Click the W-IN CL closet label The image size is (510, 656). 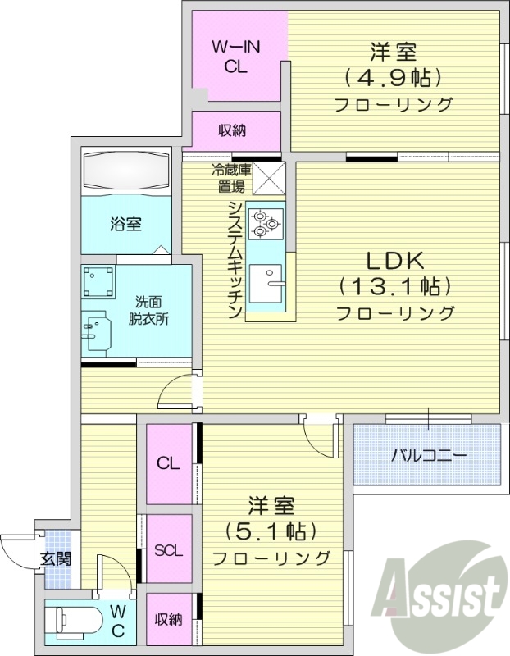tap(237, 57)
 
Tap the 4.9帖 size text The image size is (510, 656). tap(393, 79)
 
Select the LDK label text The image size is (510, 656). tap(394, 262)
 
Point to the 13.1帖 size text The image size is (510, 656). tap(394, 287)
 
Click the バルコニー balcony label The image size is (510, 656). tap(428, 453)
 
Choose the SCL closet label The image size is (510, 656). tap(168, 550)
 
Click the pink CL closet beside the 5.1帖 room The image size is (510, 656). tap(169, 464)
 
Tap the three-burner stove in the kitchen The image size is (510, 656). tap(265, 222)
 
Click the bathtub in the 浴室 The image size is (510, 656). tap(125, 169)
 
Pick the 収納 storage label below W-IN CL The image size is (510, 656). tap(236, 130)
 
